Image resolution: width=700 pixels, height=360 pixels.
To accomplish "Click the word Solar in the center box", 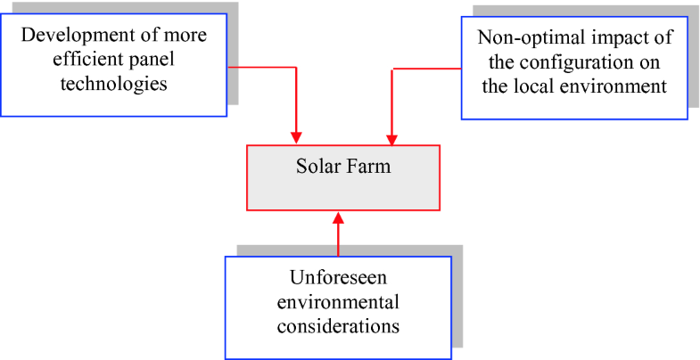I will click(317, 167).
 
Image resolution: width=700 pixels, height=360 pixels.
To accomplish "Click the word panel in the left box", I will click(142, 60).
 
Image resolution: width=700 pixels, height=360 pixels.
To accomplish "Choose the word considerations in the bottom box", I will click(338, 326).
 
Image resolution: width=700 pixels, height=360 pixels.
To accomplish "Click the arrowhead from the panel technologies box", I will click(295, 138).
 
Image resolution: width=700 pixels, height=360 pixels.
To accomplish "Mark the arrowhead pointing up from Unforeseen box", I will click(339, 217).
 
